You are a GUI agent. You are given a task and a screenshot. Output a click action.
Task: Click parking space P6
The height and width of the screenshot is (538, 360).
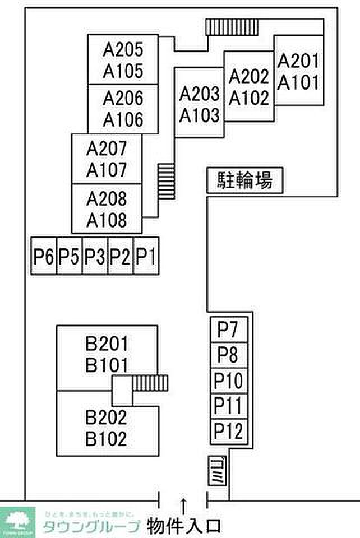pyautogui.click(x=43, y=256)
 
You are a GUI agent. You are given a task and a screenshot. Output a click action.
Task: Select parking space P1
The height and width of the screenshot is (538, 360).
pyautogui.click(x=145, y=256)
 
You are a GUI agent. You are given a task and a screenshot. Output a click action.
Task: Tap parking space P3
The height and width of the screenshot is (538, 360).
pyautogui.click(x=95, y=256)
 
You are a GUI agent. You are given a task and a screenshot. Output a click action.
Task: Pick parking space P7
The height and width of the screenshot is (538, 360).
pyautogui.click(x=228, y=330)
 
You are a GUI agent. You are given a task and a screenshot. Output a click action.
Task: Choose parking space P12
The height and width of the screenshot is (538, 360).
pyautogui.click(x=228, y=432)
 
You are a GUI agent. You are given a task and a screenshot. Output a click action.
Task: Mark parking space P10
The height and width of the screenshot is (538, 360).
pyautogui.click(x=228, y=381)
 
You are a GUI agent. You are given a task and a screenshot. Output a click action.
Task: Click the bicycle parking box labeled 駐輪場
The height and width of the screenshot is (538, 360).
pyautogui.click(x=244, y=181)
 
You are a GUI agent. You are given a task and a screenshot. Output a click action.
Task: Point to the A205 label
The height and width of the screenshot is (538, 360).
pyautogui.click(x=123, y=49)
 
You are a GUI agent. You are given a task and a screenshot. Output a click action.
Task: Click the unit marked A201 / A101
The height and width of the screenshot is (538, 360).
pyautogui.click(x=298, y=71)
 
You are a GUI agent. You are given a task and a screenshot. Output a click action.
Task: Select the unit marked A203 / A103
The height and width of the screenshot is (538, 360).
pyautogui.click(x=199, y=104)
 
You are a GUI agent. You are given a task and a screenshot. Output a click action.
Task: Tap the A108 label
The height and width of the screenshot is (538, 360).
pyautogui.click(x=107, y=219)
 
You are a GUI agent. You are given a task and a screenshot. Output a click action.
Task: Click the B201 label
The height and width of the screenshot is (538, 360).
pyautogui.click(x=107, y=343)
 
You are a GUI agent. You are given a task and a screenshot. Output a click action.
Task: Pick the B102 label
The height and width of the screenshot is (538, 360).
pyautogui.click(x=107, y=439)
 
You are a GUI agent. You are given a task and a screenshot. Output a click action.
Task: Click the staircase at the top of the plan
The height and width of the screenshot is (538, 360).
pyautogui.click(x=232, y=26)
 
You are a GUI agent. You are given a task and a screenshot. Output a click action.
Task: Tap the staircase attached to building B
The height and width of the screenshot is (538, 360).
pyautogui.click(x=150, y=383)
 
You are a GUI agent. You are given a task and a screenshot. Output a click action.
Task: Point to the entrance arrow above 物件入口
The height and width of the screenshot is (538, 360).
pyautogui.click(x=183, y=502)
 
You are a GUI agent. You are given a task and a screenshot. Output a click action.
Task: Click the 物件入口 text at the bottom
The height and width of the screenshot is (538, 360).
pyautogui.click(x=184, y=526)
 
